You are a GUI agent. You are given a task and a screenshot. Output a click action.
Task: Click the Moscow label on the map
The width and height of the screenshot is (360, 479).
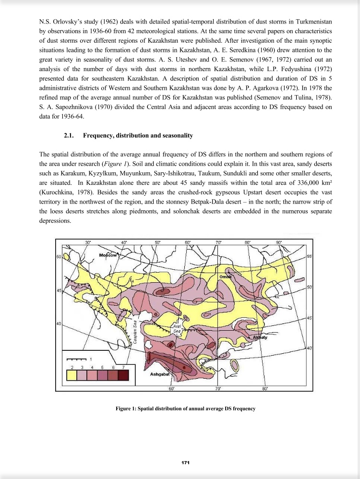(x=108, y=255)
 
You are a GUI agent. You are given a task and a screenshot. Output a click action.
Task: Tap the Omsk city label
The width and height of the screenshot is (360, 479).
(x=226, y=277)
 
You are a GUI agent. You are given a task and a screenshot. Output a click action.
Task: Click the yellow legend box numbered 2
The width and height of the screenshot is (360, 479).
(x=72, y=375)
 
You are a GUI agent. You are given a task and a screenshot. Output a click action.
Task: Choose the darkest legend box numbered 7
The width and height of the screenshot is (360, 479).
(x=123, y=375)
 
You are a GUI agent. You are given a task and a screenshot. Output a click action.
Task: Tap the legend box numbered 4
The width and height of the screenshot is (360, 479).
(x=92, y=375)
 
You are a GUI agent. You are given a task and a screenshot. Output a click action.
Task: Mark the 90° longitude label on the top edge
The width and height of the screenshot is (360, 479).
(x=279, y=242)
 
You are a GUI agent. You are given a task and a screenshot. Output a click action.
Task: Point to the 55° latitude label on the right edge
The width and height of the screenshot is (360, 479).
(x=310, y=257)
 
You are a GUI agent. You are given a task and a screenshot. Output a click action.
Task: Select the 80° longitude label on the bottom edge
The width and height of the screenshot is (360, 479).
(x=265, y=388)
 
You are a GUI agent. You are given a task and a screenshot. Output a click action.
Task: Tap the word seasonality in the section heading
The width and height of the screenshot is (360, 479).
(x=176, y=136)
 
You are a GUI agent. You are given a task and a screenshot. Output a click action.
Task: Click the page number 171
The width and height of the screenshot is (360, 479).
(x=185, y=462)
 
